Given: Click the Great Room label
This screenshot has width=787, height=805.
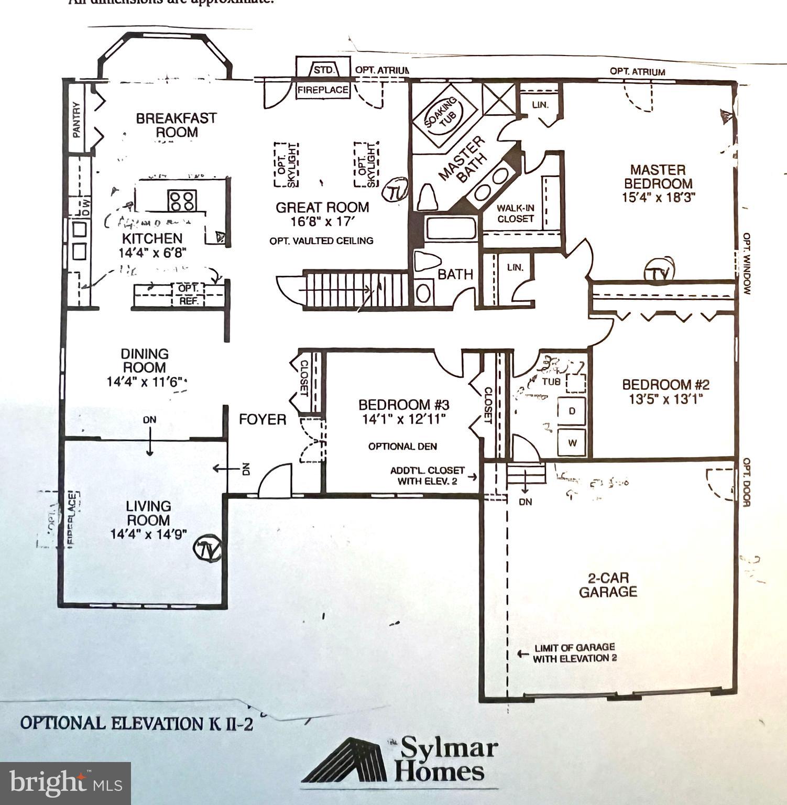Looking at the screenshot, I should coord(322,208).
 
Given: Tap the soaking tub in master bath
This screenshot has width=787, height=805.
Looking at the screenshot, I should coord(444,118).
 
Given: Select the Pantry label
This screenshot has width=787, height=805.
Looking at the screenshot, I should coord(77,120).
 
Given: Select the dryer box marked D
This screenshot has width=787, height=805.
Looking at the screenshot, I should coord(572,410).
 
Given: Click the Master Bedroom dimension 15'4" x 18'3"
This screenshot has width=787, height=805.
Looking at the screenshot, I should coord(658,198).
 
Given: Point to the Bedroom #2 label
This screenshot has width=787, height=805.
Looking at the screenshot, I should coord(665,385).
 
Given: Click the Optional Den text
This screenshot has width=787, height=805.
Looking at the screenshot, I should coord(402,447).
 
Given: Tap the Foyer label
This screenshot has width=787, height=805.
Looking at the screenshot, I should coord(263,419).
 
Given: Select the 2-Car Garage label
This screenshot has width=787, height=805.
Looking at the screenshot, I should coord(608,585).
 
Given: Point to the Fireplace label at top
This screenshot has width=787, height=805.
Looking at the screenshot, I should coord(323,90).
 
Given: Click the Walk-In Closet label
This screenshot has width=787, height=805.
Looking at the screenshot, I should coord(516,213).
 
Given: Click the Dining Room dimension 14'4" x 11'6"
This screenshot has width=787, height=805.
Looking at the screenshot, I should coord(146,382).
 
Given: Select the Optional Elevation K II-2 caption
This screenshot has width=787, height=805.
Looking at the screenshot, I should coord(136,723).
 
